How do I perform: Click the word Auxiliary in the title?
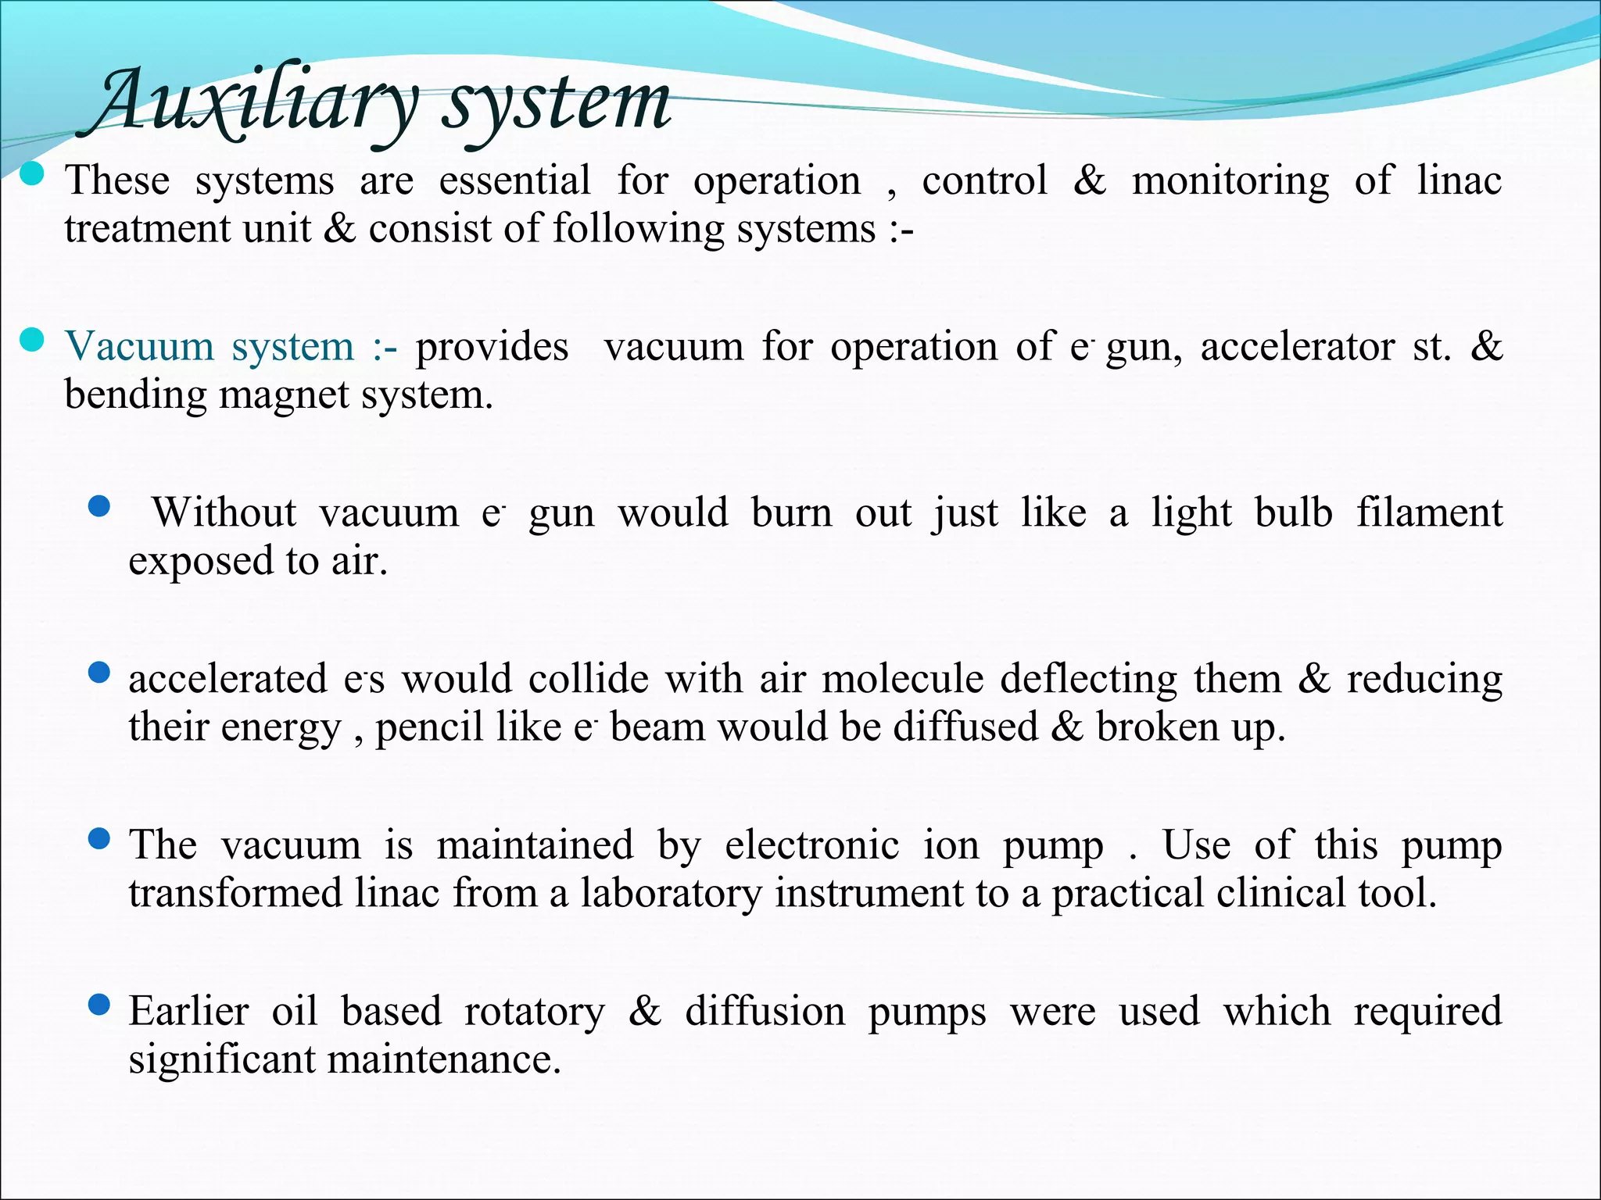coord(254,102)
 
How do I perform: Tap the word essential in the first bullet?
coord(514,181)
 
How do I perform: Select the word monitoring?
coord(1230,181)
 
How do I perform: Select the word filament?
coord(1429,513)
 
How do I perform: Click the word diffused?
coord(965,727)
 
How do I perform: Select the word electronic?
coord(811,845)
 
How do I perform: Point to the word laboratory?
coord(670,894)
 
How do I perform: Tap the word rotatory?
coord(534,1012)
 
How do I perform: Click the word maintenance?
coord(443,1060)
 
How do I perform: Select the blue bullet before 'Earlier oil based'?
coord(99,1005)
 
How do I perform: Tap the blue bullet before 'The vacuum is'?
coord(99,840)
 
